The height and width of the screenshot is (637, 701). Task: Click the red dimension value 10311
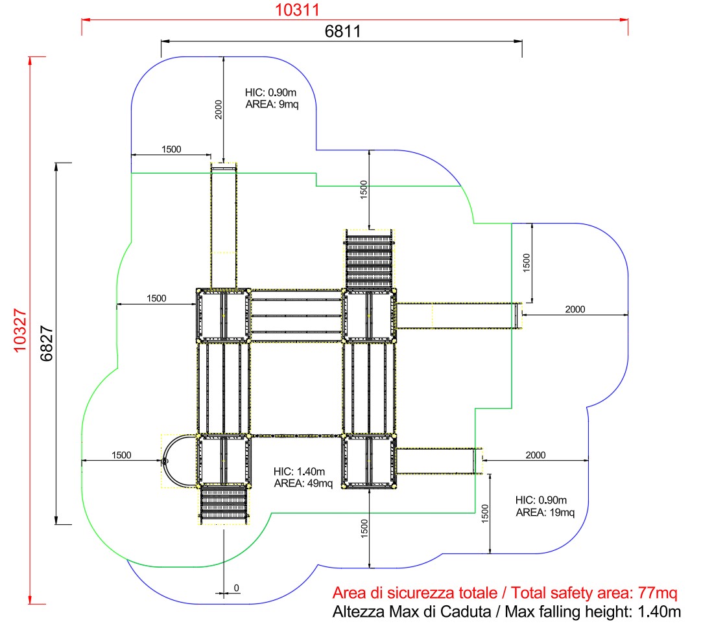click(x=297, y=10)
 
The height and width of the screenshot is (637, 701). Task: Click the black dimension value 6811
click(x=342, y=31)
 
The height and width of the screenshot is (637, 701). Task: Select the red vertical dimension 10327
click(x=20, y=330)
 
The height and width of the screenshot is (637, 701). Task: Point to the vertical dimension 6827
click(x=46, y=343)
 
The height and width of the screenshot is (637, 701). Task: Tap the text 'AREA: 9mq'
click(x=272, y=104)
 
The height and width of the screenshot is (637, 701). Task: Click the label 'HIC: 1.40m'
click(x=299, y=471)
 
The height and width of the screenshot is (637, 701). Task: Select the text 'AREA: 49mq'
click(x=303, y=483)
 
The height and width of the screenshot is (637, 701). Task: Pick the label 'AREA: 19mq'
click(x=545, y=513)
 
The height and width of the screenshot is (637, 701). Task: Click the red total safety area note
click(x=505, y=593)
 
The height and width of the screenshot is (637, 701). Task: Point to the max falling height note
click(x=506, y=612)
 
